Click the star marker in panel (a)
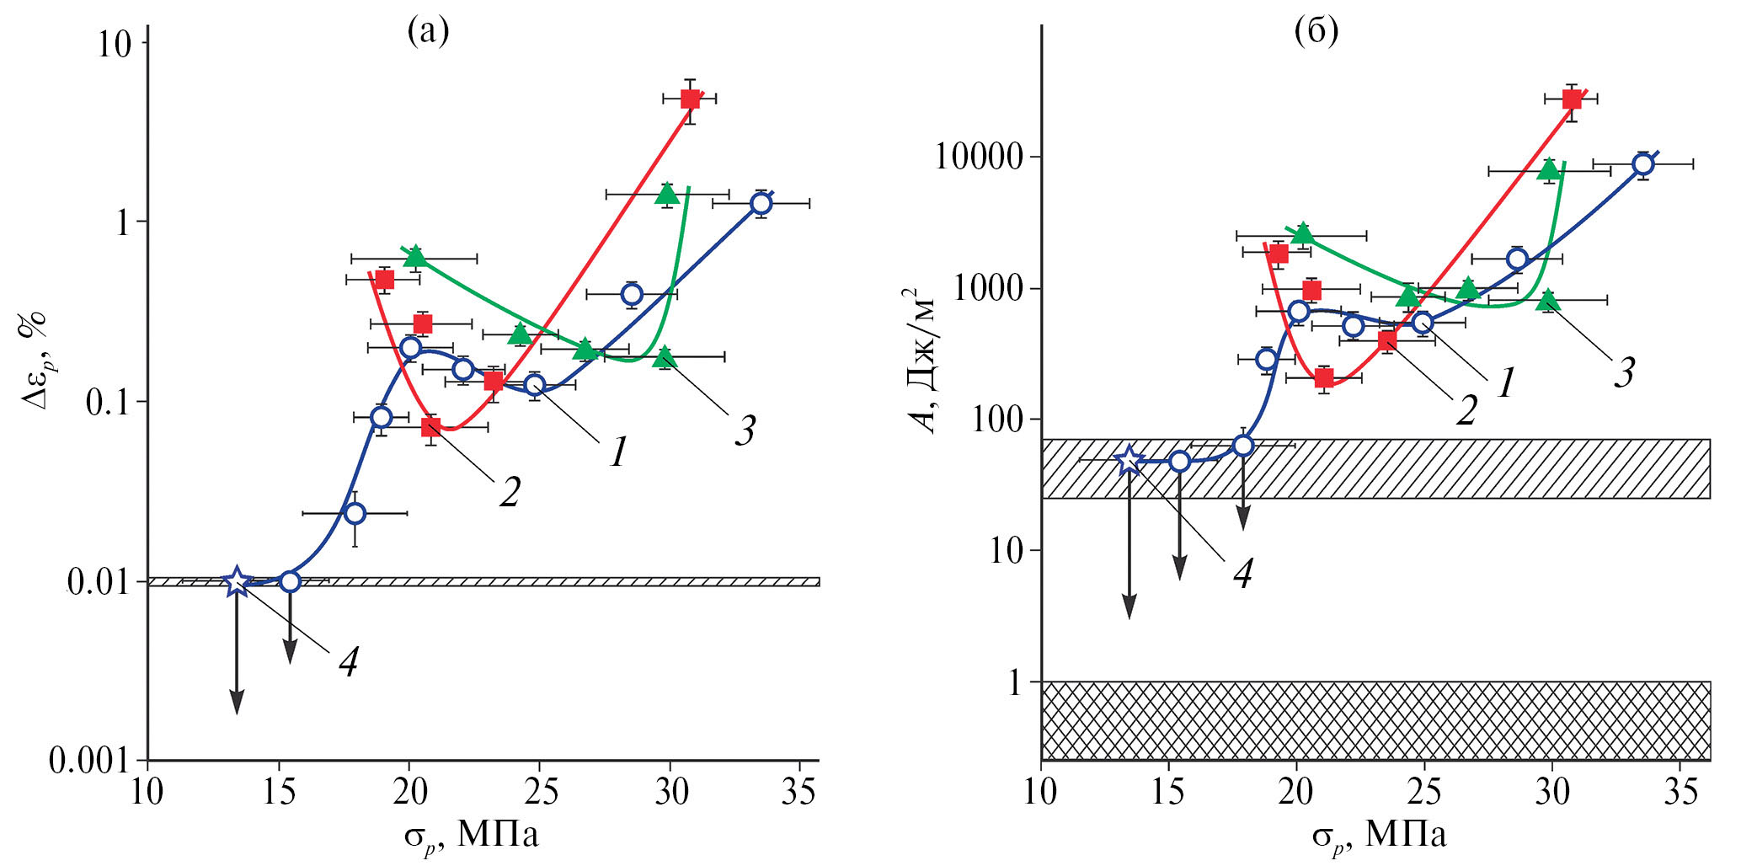(237, 581)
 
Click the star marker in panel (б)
(1130, 460)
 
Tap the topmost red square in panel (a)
(691, 99)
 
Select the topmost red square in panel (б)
(1572, 99)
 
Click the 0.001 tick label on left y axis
(88, 761)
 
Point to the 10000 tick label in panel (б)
(979, 157)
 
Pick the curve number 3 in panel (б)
(1624, 372)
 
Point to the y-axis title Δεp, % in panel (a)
(35, 361)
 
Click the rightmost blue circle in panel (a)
(761, 203)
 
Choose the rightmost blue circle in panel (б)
(1642, 163)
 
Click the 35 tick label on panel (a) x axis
(798, 792)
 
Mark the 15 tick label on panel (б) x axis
(1168, 792)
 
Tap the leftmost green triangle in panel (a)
(414, 256)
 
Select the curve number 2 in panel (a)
(509, 492)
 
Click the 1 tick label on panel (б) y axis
(1016, 682)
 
